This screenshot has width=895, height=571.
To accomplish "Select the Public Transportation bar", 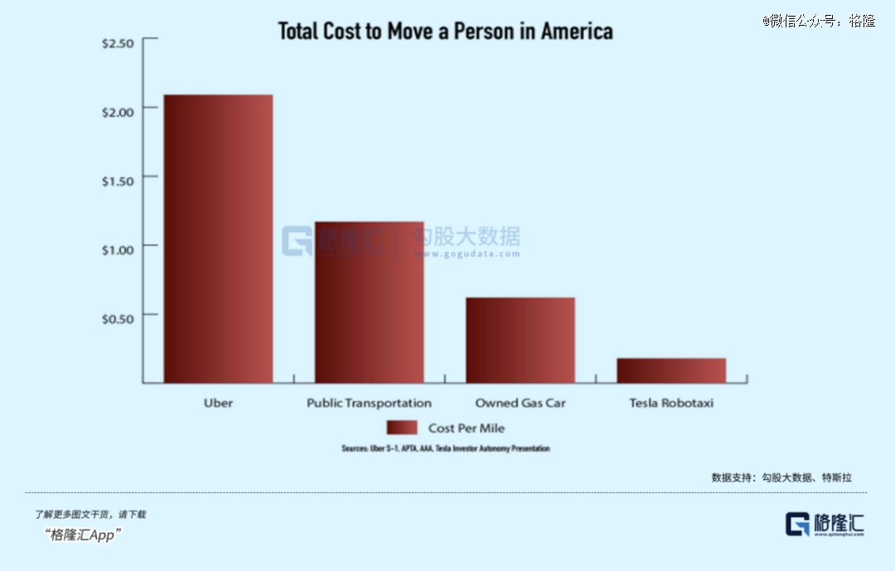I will tap(369, 302).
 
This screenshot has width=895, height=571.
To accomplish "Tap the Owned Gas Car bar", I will tap(520, 340).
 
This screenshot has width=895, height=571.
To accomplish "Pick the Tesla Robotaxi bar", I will tap(670, 370).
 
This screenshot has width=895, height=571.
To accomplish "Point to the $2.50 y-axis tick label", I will tap(118, 43).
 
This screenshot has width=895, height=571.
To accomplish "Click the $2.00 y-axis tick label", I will tap(118, 112).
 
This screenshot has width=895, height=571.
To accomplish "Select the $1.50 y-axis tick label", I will tap(118, 181).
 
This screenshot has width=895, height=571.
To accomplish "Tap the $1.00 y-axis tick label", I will tap(118, 249).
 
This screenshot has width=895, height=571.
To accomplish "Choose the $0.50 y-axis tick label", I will tap(118, 318).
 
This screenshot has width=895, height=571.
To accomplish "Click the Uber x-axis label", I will tap(218, 404).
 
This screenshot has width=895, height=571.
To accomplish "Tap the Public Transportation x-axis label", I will tap(369, 404).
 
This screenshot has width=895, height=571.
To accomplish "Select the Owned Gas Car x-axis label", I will tap(520, 404).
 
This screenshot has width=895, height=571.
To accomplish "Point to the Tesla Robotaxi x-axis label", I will tap(671, 404).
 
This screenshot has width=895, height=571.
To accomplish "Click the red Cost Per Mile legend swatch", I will tap(402, 428).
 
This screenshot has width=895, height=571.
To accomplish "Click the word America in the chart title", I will tap(577, 31).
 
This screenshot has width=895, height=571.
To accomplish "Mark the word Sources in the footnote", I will tap(354, 448).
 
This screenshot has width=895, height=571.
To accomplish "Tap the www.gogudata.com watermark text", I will tap(467, 254).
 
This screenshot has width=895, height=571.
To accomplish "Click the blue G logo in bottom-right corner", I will tap(797, 524).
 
